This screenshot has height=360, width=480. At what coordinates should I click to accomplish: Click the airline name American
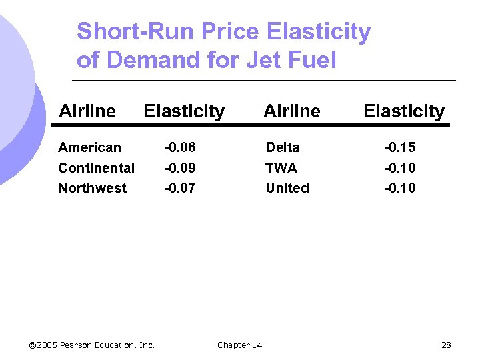(x=89, y=147)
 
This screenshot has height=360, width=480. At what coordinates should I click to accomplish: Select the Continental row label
(x=96, y=168)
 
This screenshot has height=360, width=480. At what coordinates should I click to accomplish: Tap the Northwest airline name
(x=92, y=188)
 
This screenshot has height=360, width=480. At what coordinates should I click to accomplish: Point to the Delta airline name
(x=283, y=147)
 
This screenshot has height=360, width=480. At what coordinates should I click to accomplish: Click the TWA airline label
(x=281, y=168)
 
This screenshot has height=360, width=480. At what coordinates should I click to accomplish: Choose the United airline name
(x=287, y=188)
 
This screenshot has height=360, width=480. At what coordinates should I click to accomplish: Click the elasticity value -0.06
(x=180, y=147)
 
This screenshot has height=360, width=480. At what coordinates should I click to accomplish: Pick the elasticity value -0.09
(x=180, y=168)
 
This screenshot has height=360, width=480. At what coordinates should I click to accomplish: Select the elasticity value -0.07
(x=180, y=188)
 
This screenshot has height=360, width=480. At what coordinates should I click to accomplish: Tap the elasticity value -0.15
(x=399, y=147)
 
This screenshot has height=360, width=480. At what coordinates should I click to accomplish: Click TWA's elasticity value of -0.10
(x=399, y=168)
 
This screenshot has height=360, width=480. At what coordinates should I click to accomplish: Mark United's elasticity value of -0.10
(x=399, y=188)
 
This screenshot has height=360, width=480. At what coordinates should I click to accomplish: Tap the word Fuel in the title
(x=313, y=61)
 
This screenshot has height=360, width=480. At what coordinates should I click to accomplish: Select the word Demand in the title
(x=142, y=61)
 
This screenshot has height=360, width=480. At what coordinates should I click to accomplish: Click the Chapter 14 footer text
(x=239, y=345)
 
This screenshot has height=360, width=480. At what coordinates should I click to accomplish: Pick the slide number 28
(x=446, y=345)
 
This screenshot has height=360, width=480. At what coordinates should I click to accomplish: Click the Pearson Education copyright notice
(x=92, y=345)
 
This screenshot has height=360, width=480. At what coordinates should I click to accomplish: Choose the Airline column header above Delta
(x=292, y=111)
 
